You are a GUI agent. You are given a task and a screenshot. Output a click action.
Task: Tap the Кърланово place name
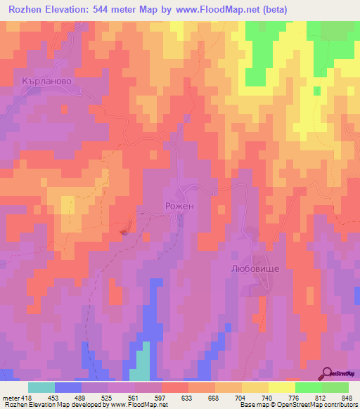pyautogui.click(x=47, y=81)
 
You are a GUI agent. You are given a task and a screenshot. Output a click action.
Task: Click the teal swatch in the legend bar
pyautogui.click(x=41, y=387)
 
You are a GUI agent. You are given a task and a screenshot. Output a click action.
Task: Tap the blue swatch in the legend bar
pyautogui.click(x=68, y=387)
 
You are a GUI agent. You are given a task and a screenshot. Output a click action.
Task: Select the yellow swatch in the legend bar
pyautogui.click(x=281, y=387)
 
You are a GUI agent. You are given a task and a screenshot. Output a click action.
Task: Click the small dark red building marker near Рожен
pyautogui.click(x=125, y=231)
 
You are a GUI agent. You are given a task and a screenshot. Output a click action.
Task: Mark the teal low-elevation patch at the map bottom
pyautogui.click(x=143, y=362)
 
